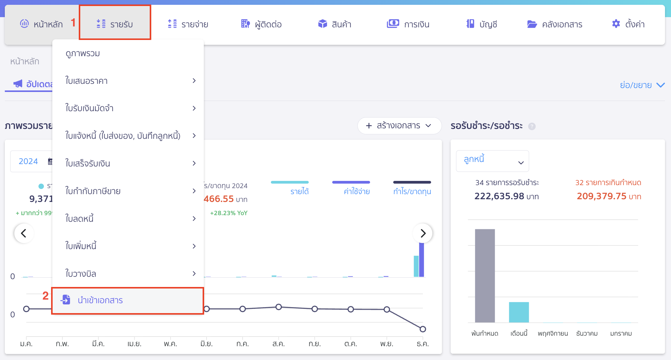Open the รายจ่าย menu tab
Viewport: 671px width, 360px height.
coord(188,24)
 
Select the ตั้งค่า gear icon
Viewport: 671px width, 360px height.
coord(616,24)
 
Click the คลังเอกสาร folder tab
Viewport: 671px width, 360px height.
coord(555,24)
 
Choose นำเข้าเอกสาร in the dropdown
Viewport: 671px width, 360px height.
coord(100,300)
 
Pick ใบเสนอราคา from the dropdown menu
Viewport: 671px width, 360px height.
coord(87,81)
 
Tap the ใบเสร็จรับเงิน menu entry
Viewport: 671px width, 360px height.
coord(88,163)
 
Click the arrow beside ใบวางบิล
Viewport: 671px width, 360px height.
coord(194,273)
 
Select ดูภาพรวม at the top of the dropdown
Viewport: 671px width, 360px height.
coord(83,53)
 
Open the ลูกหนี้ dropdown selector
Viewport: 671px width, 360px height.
coord(492,161)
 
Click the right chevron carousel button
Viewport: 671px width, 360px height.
coord(423,233)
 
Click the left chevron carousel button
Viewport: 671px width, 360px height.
coord(24,233)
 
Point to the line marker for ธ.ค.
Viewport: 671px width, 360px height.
coord(423,329)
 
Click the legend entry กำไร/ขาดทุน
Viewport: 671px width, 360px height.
coord(412,191)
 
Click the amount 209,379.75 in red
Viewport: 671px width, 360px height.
coord(602,196)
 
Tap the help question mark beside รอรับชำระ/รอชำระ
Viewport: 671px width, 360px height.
coord(532,126)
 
